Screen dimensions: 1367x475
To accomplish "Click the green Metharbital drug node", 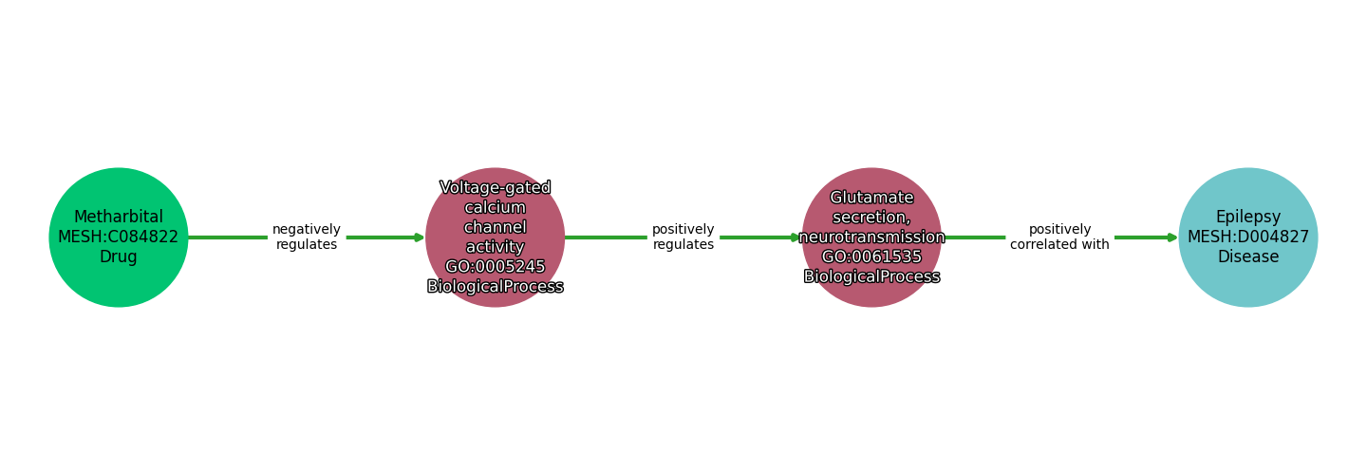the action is click(119, 237).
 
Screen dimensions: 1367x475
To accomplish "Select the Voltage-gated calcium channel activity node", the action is click(495, 237).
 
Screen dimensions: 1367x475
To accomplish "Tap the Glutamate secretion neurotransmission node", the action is click(871, 237).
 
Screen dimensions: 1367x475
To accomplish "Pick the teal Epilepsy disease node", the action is click(1248, 237).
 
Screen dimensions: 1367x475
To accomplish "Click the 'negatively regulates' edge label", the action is click(307, 237).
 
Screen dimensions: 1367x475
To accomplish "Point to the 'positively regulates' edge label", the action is click(683, 237).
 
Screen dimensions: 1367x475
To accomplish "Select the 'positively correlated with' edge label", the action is click(1059, 237).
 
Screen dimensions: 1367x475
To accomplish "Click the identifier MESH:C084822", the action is click(119, 237).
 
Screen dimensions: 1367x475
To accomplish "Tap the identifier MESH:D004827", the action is click(1248, 237).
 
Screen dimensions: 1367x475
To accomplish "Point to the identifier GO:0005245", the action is click(495, 267).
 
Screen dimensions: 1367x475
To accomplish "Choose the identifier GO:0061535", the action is click(871, 257).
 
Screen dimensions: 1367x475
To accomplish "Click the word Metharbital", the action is click(119, 217).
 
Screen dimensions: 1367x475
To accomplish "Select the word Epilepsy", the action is click(1248, 218).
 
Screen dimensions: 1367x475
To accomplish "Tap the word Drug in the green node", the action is click(119, 257).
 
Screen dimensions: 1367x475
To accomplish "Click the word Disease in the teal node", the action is click(1248, 257).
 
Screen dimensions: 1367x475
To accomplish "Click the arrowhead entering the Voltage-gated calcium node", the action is click(420, 237).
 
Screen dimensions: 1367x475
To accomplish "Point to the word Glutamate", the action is click(871, 198).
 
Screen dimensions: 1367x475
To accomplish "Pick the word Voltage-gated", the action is click(495, 188).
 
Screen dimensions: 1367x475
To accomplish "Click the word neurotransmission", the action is click(871, 237).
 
